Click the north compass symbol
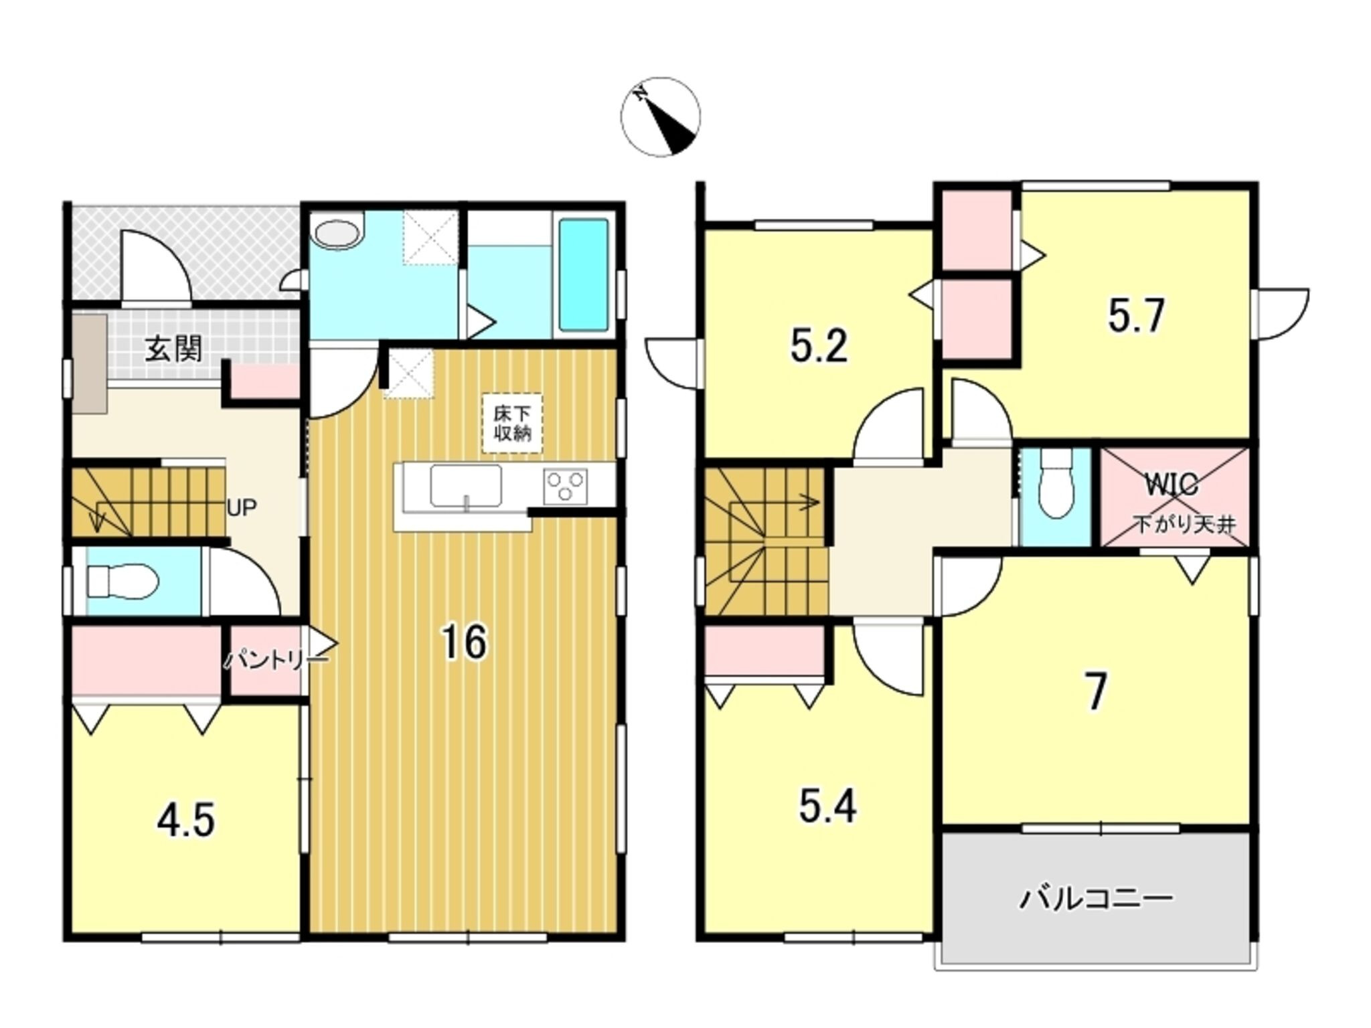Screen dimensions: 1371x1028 [660, 117]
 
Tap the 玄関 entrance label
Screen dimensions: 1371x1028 [173, 349]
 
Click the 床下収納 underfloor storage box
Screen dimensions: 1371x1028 [512, 423]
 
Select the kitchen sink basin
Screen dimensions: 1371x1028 [466, 486]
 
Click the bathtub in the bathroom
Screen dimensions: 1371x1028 [583, 274]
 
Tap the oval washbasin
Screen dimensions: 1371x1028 [339, 234]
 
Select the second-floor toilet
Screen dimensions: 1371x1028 [1056, 483]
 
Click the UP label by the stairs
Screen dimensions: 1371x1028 [242, 508]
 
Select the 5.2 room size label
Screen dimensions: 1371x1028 [819, 347]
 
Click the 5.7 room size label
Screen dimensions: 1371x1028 [1137, 316]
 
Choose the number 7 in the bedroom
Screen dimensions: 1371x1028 [1096, 693]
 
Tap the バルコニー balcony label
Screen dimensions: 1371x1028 [1096, 898]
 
